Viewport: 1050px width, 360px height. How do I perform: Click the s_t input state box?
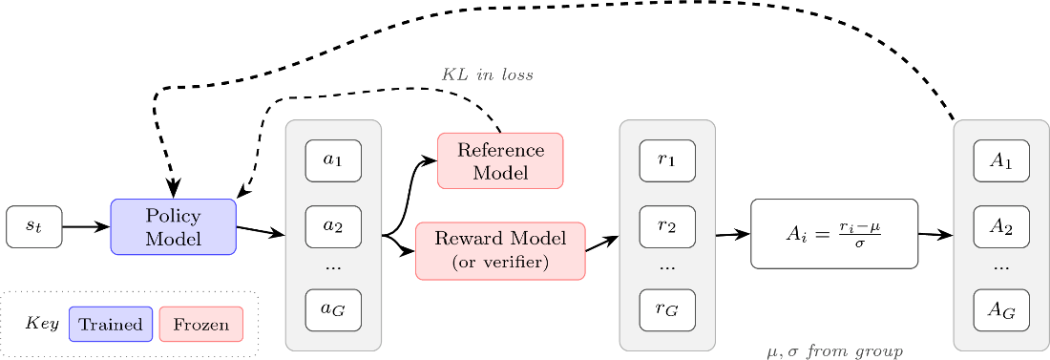pos(34,227)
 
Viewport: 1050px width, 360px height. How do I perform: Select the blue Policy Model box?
pos(174,227)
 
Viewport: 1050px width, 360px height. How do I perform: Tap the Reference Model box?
pos(500,160)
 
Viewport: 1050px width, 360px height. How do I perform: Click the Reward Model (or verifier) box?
pos(500,251)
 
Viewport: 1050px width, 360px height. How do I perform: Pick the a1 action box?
pos(333,160)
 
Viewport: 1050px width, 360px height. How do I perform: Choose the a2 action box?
pos(333,226)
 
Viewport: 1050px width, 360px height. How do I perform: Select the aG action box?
pos(333,309)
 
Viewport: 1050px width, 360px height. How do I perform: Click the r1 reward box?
pos(667,160)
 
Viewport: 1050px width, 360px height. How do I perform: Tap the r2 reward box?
pos(667,226)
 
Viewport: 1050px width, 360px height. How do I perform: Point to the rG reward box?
pos(667,309)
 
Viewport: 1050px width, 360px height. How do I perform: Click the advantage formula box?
pos(833,234)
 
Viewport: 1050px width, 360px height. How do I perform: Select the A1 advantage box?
pos(1001,160)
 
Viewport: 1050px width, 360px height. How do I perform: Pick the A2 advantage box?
pos(1001,226)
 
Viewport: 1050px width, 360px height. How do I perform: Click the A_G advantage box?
pos(1001,309)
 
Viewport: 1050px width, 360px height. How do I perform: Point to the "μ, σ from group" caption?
pos(833,350)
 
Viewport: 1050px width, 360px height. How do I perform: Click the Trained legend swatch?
pos(111,325)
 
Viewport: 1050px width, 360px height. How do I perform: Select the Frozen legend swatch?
pos(200,325)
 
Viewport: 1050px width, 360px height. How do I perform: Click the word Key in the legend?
pos(42,323)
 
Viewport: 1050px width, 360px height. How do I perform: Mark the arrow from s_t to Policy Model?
pos(86,227)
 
